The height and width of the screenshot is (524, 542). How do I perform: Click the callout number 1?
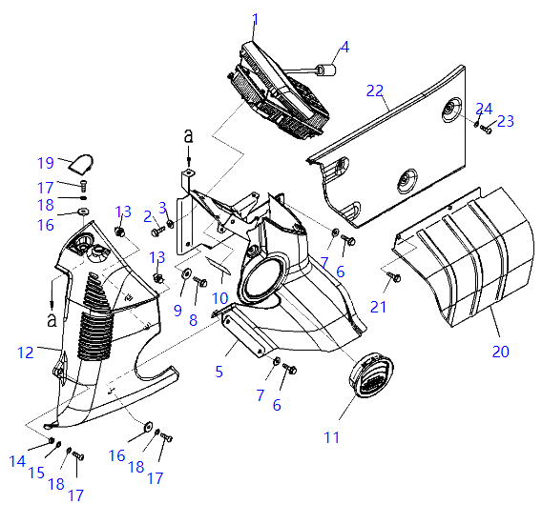[256, 20]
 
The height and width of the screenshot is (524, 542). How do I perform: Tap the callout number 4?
[344, 47]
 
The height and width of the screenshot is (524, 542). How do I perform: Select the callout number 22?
[375, 91]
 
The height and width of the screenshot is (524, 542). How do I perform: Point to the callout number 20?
[501, 352]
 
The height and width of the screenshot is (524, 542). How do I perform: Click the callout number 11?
[331, 437]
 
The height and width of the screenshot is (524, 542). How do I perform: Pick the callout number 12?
[25, 353]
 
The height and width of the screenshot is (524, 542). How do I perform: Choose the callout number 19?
[45, 163]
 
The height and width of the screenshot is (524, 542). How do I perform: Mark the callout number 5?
[219, 372]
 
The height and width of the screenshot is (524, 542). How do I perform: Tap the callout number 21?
[378, 307]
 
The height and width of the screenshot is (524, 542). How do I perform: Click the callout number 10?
[219, 298]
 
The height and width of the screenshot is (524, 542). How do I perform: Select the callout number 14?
[17, 461]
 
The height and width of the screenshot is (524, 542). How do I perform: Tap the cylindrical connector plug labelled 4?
[326, 70]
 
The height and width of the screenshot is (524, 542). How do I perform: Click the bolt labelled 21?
[394, 277]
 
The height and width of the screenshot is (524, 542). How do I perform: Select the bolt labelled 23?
[486, 130]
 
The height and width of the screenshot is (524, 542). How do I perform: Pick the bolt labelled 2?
[157, 231]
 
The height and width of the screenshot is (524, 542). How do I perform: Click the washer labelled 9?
[186, 273]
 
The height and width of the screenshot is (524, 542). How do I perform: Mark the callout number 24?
[484, 109]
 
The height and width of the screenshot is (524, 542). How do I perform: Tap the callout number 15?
[36, 473]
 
